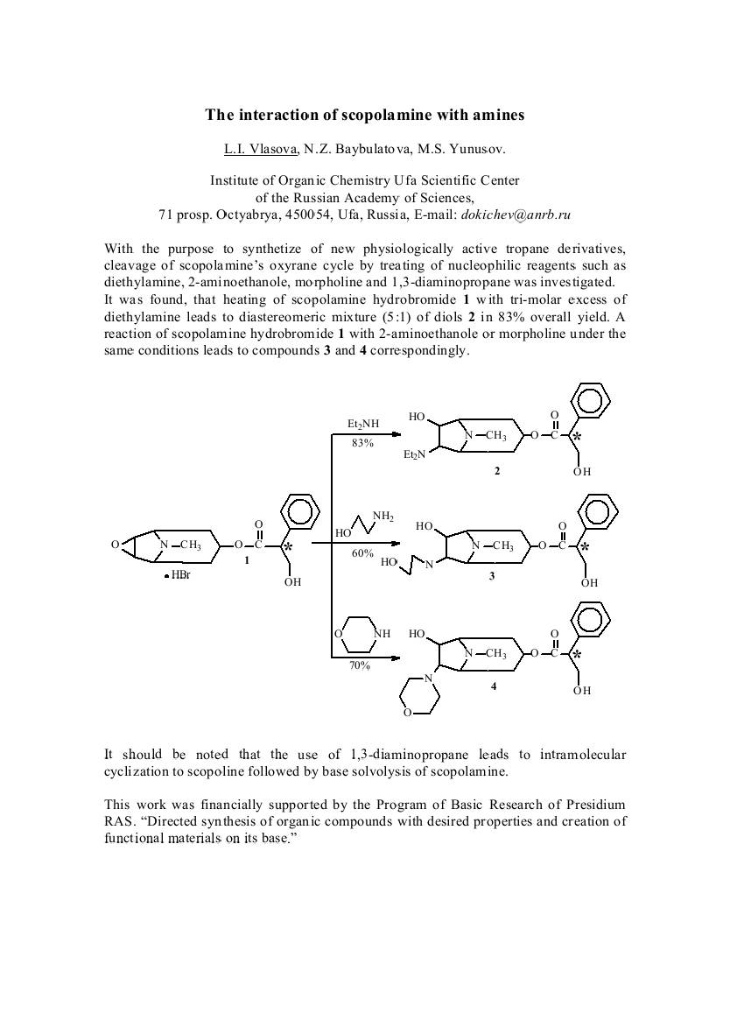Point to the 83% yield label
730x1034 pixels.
362,443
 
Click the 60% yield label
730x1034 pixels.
362,553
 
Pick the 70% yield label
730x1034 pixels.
360,665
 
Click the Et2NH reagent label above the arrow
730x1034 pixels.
363,425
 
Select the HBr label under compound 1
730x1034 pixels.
179,575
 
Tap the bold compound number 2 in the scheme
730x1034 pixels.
497,472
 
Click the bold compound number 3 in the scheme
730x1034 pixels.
493,576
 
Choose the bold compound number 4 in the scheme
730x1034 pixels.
494,686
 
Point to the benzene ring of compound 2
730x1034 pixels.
593,401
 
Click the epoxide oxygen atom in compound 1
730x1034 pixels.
115,545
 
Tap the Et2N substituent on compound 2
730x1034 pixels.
414,455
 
